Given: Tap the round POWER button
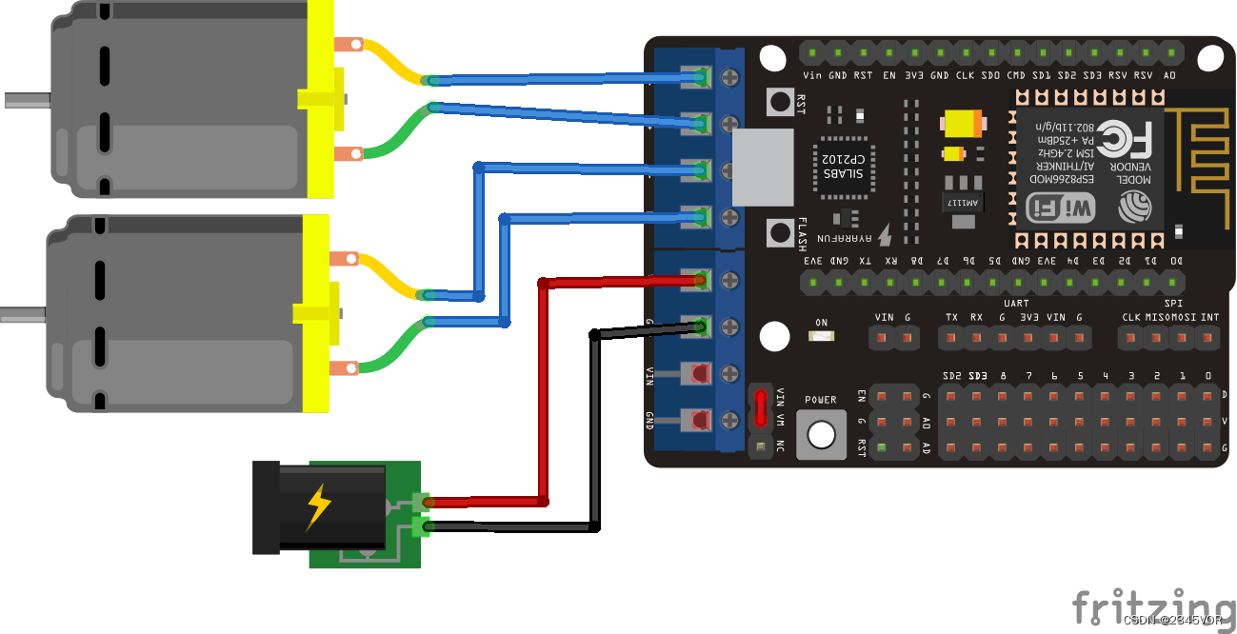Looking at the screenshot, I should [x=820, y=434].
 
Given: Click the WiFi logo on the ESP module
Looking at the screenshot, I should [x=1060, y=208].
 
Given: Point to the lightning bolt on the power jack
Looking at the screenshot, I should [x=318, y=506].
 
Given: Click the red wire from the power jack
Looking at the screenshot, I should [x=544, y=390].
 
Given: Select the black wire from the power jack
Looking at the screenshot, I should [x=594, y=428].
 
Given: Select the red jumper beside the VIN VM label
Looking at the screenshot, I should [x=760, y=407].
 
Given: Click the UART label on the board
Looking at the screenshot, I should [x=1015, y=302].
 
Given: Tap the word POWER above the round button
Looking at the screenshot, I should [x=820, y=400].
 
